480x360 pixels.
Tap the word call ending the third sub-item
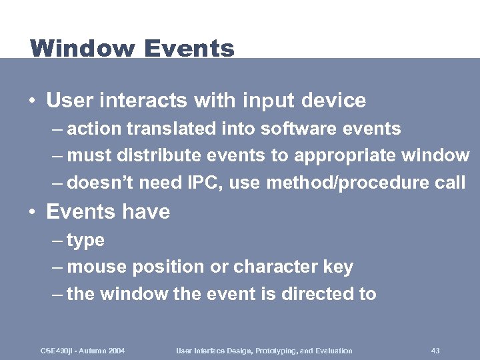tap(449, 183)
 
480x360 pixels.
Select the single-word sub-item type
tap(85, 241)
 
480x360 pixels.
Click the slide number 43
tap(435, 351)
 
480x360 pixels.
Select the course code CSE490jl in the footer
tap(56, 351)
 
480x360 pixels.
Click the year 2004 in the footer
tap(115, 351)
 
